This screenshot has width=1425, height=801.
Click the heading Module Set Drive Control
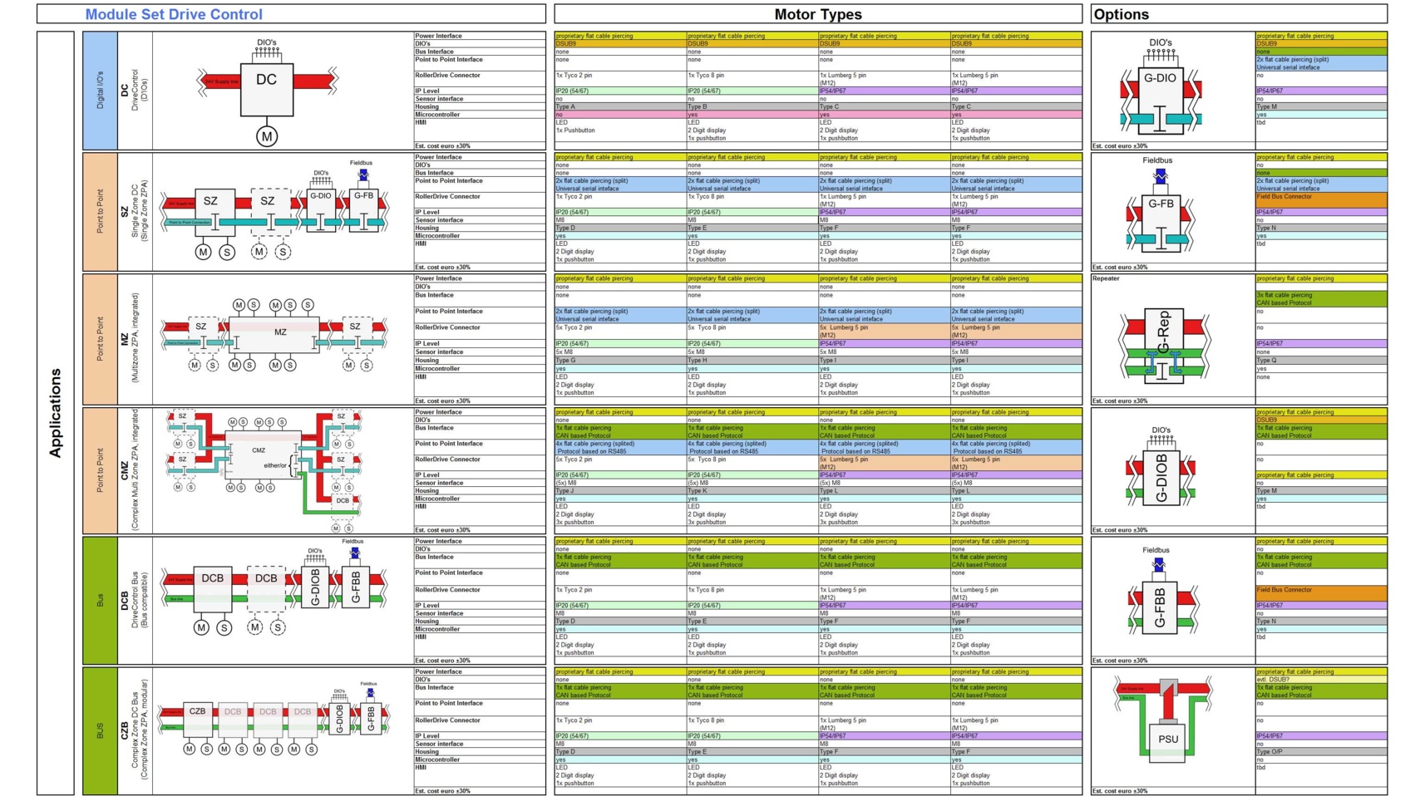(174, 14)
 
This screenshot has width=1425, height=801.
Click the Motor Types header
(817, 14)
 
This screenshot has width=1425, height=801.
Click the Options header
(1120, 14)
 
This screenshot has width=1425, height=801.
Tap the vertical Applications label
(56, 413)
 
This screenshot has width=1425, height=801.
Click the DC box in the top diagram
(266, 81)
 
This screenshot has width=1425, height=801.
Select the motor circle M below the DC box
(266, 136)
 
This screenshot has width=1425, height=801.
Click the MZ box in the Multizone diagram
(280, 332)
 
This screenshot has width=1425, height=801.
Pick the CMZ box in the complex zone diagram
(259, 450)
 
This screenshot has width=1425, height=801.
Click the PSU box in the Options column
(1167, 739)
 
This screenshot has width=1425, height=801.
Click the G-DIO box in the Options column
(1160, 79)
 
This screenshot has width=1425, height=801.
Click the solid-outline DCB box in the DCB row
(213, 579)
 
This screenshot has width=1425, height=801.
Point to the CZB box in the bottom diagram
(197, 712)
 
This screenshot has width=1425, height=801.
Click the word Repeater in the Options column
(1106, 279)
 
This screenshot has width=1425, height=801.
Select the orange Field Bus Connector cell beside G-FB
(1320, 199)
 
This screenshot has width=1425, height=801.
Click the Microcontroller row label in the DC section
(437, 115)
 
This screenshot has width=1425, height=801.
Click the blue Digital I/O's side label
(100, 91)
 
